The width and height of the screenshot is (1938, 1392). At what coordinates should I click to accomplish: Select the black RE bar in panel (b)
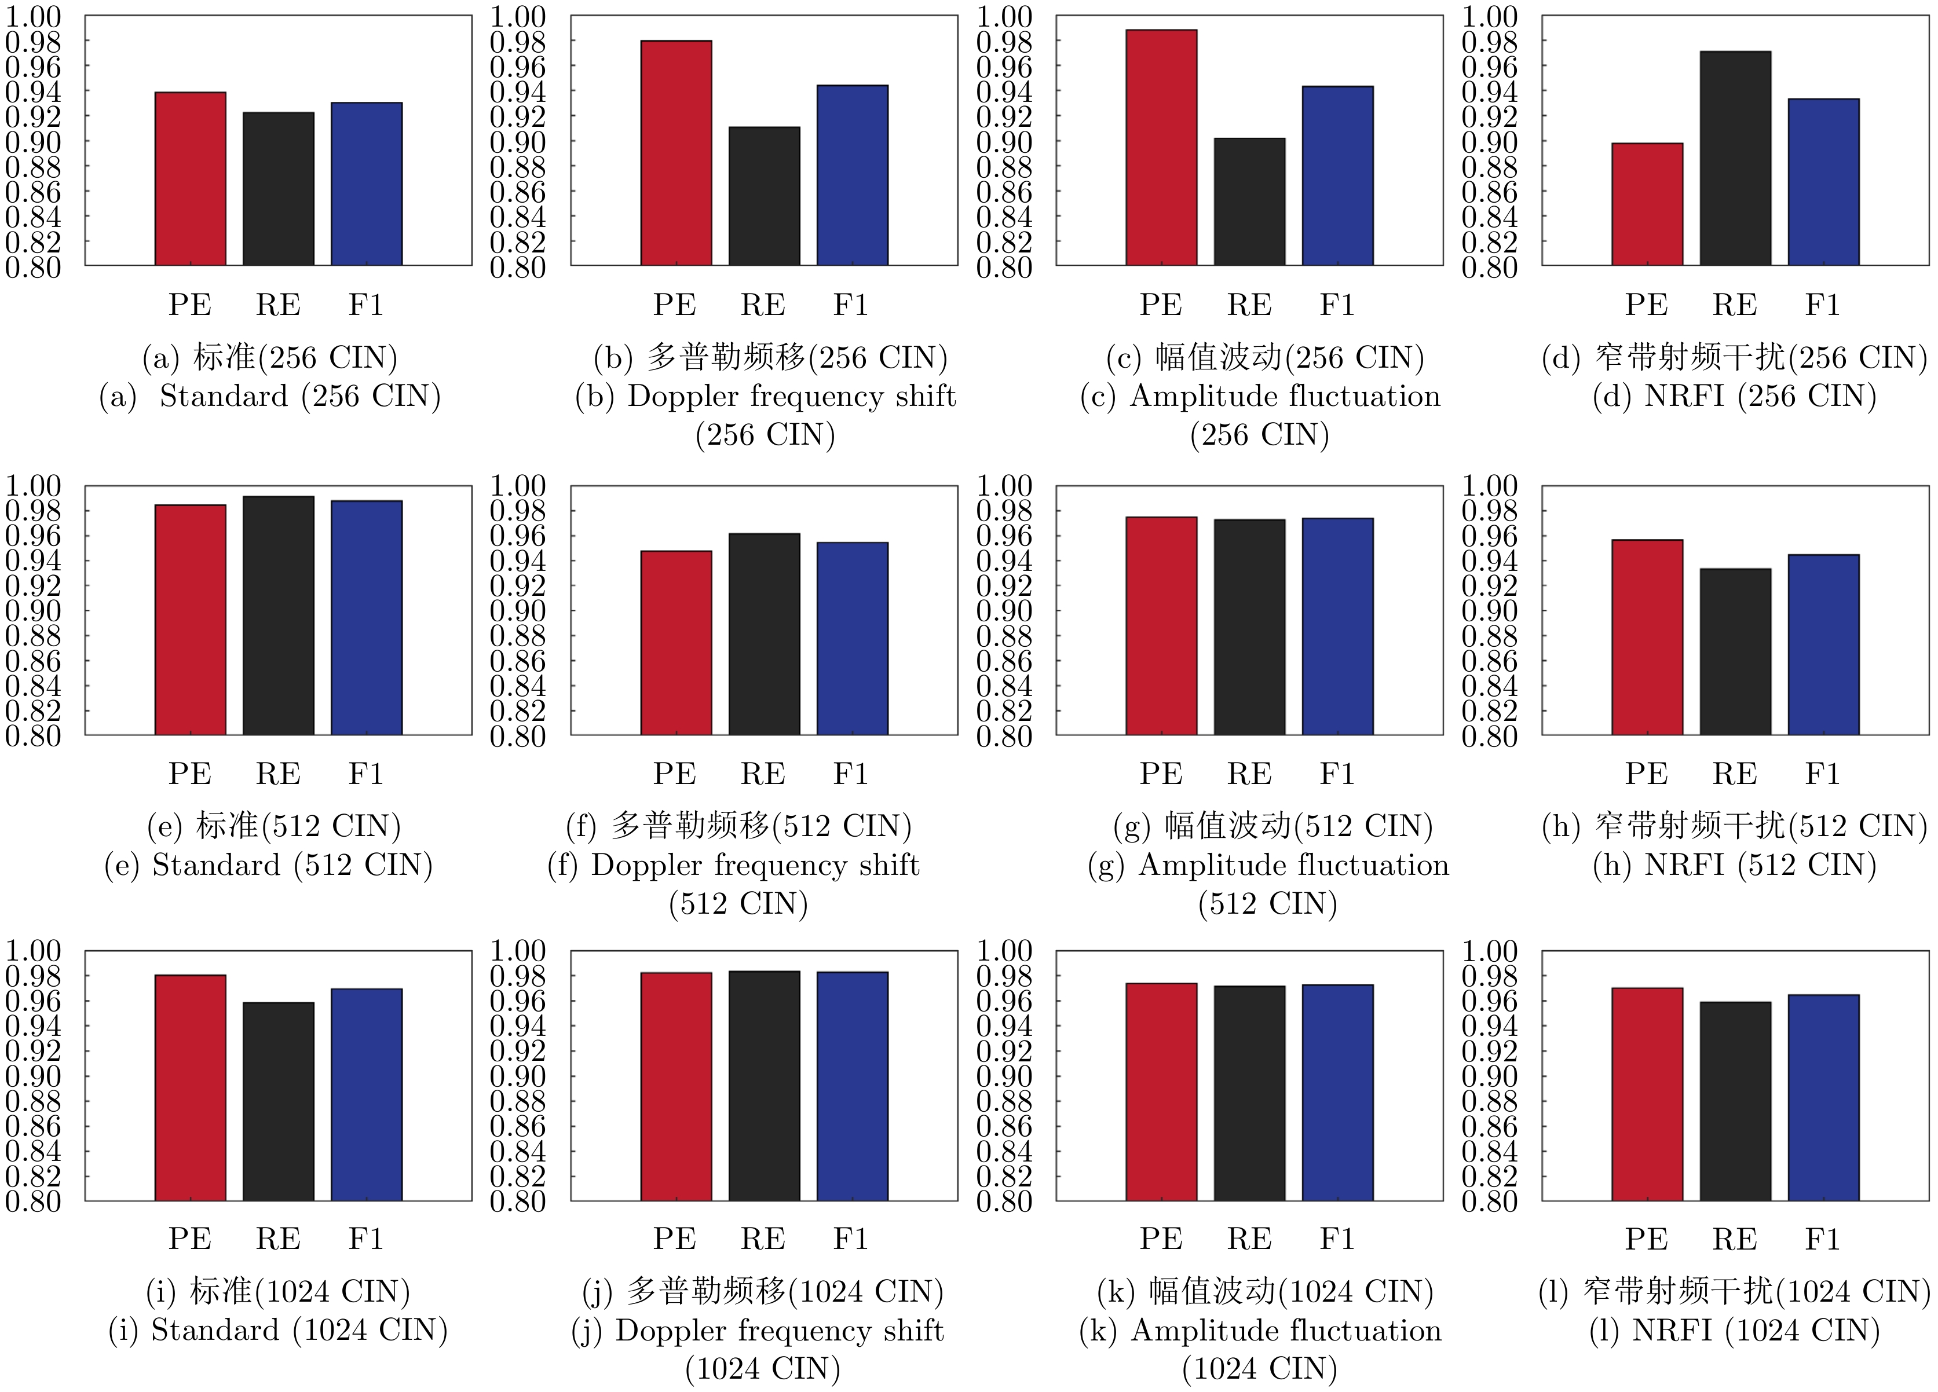764,196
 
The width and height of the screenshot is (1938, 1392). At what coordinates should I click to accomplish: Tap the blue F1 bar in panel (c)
1337,176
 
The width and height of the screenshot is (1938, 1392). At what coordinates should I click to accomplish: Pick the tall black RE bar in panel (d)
1735,159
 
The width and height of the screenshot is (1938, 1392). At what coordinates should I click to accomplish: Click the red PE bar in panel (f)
676,643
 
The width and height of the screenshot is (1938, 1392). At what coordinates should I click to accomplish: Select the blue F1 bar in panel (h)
1823,645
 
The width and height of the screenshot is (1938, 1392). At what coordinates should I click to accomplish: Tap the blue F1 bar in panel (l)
1823,1098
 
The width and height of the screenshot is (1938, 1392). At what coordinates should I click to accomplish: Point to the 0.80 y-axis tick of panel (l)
1489,1201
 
